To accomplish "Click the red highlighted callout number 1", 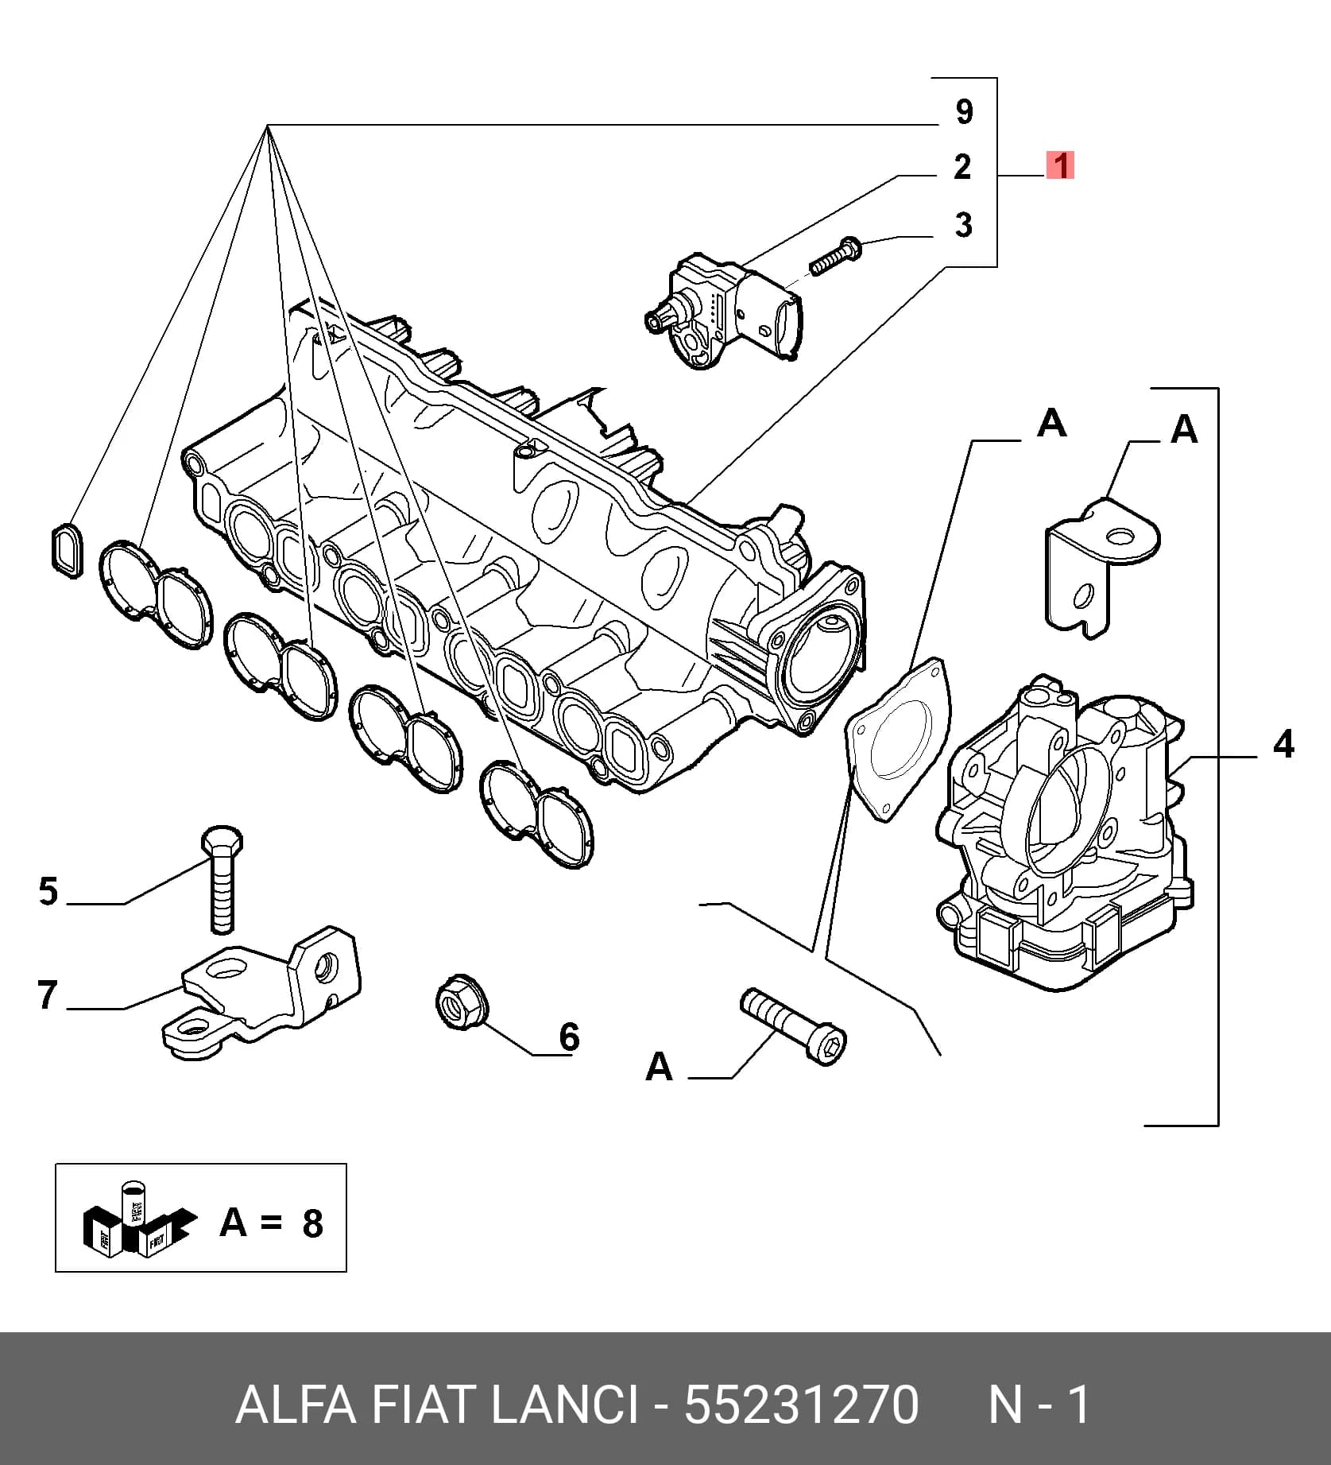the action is (1060, 166).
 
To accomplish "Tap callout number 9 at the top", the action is (964, 111).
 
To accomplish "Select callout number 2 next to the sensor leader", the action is (962, 167).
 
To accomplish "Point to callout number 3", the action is (963, 225).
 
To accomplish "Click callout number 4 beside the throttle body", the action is (1283, 745).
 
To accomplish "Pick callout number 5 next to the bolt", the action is (48, 892).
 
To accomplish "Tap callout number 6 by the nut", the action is (569, 1037).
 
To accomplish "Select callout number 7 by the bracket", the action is (48, 995).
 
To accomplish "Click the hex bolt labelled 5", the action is (222, 878).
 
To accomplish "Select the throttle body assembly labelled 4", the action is (1065, 834).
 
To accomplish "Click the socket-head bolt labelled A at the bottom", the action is (793, 1025).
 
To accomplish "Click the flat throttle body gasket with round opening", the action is (898, 738).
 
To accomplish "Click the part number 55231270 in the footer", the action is (802, 1405).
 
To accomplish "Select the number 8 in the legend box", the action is (312, 1223).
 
